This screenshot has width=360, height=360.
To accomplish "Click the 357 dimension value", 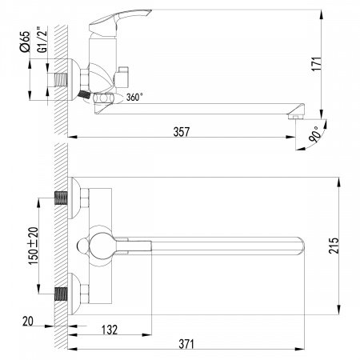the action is point(182,132).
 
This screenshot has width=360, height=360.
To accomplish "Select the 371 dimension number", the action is point(186,344).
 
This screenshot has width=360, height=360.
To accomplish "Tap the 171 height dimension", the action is point(317,64).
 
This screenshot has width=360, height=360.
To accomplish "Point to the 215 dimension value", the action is point(334,246).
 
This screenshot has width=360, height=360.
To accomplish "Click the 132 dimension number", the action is point(110,330).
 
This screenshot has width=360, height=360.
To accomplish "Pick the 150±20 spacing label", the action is point(34,246).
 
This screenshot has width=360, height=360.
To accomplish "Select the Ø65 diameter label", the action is point(25,42).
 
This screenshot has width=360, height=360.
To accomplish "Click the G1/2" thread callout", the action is point(42,39).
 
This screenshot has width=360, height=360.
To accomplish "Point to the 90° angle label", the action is point(315,134).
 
